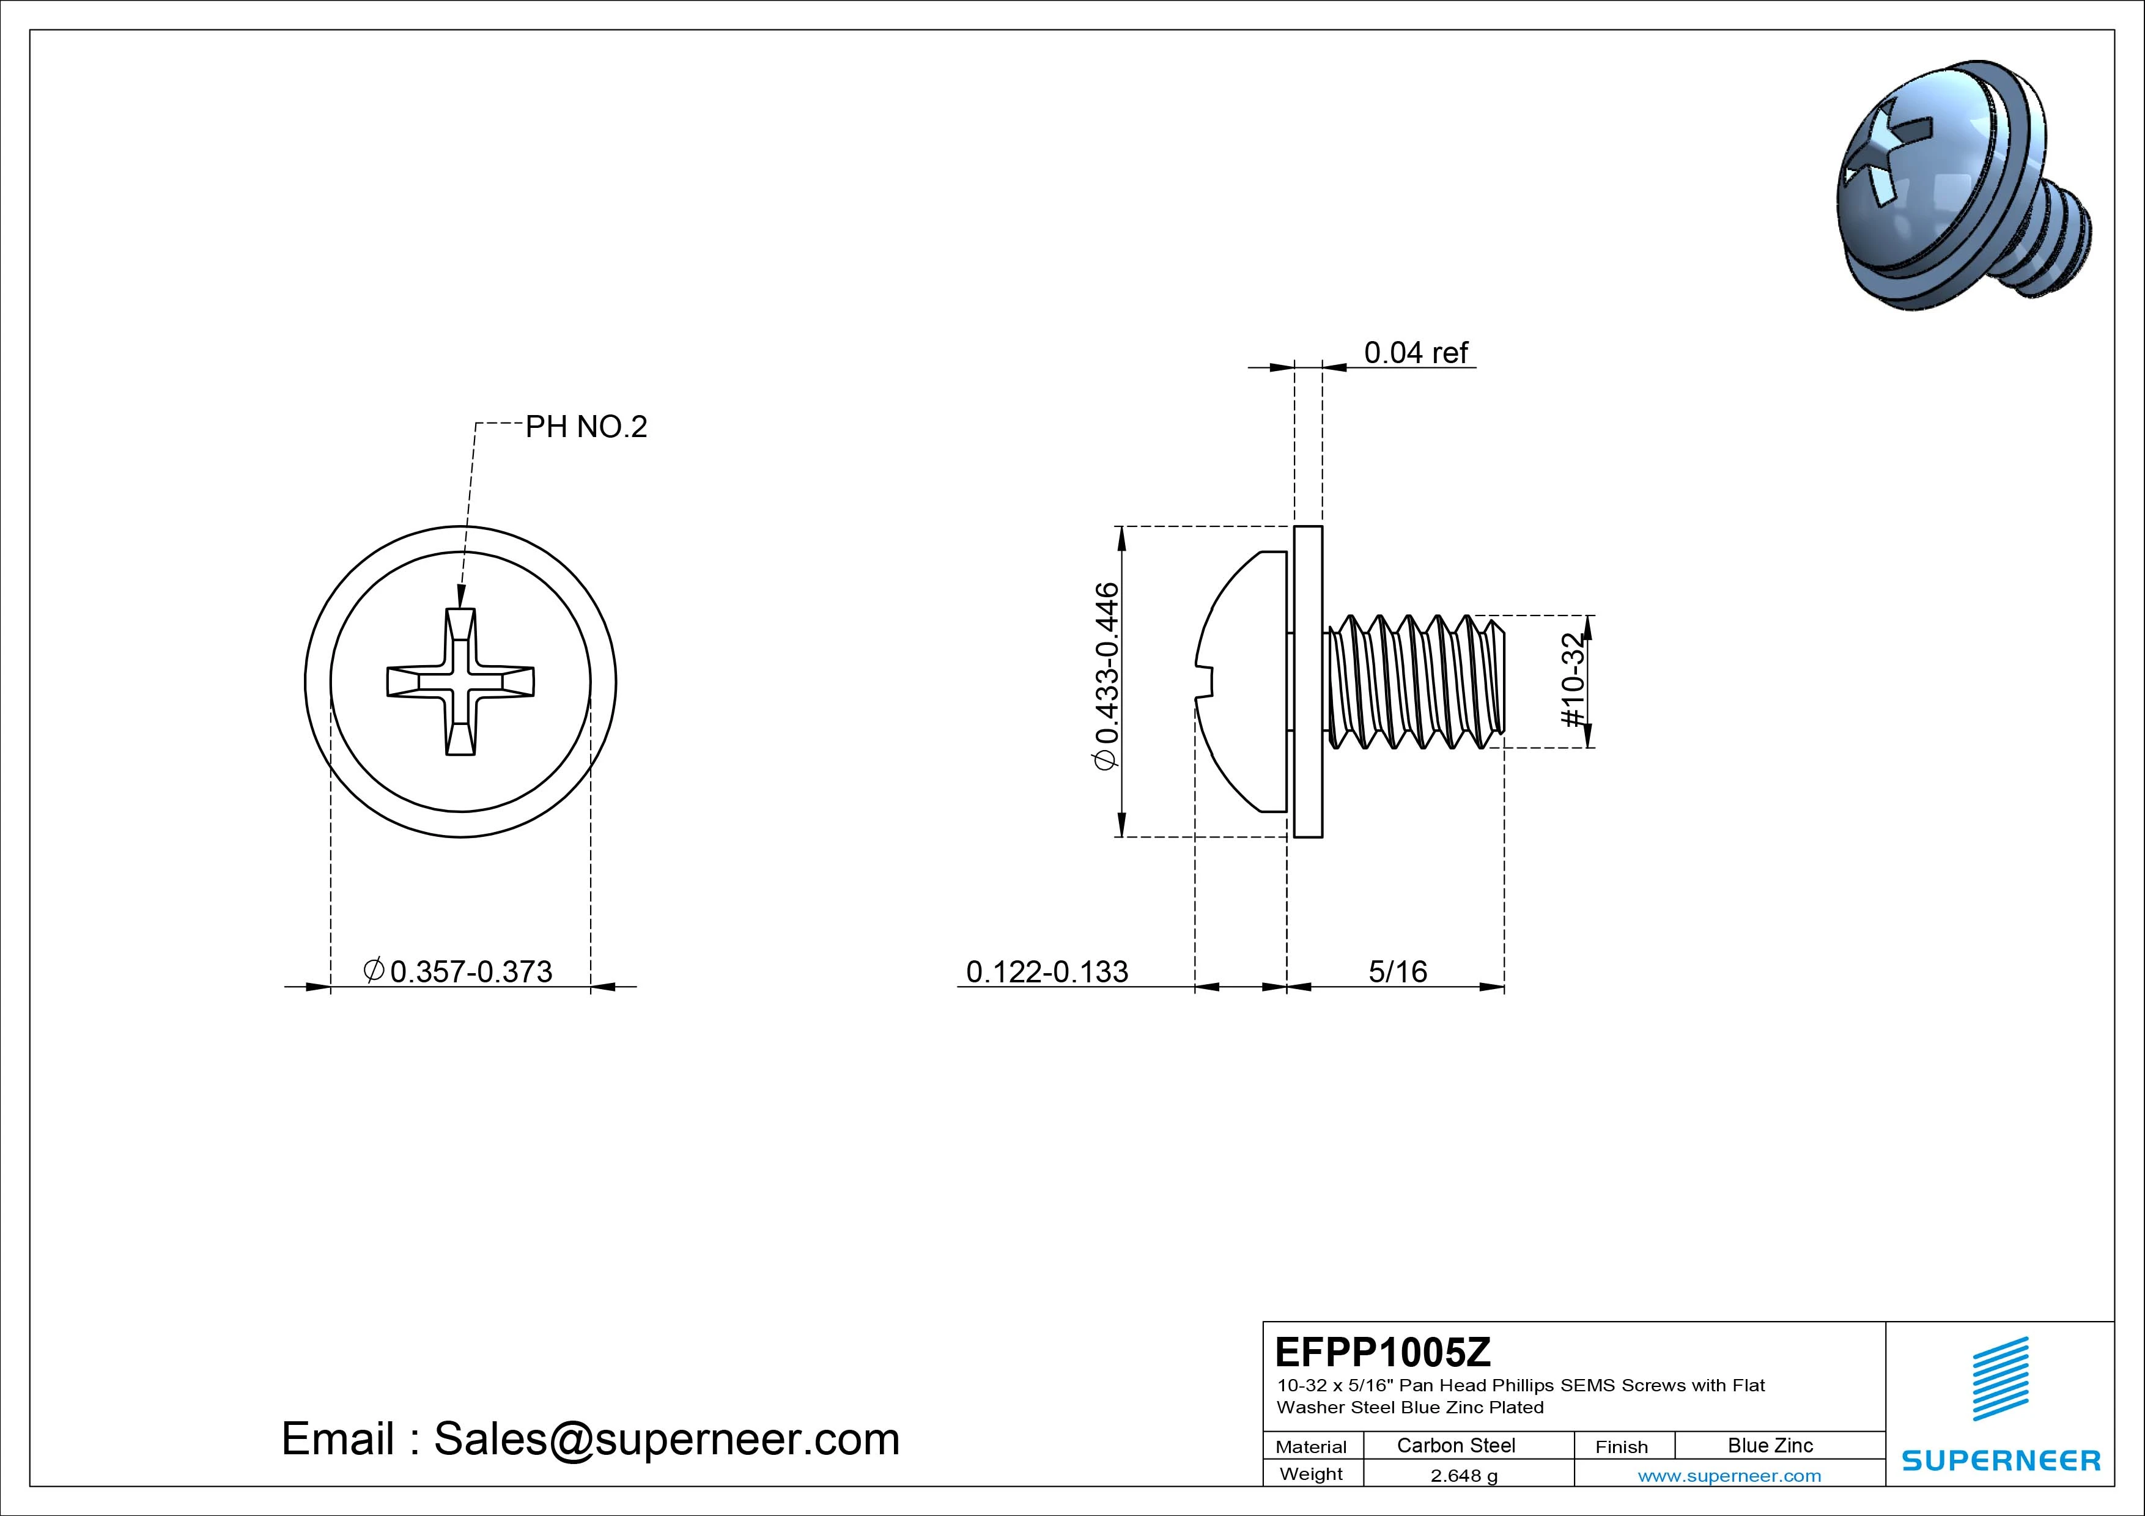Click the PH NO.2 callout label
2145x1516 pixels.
586,427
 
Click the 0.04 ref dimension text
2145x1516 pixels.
1416,353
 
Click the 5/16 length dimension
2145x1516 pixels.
1398,971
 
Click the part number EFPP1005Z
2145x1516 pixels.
1383,1351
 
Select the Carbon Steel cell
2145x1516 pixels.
1455,1445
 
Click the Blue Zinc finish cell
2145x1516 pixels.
1770,1445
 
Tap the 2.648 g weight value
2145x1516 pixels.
1464,1476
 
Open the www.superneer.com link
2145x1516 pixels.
1729,1476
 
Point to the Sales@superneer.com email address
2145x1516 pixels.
666,1438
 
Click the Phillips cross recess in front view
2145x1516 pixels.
460,682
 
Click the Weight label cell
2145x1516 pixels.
1311,1474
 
